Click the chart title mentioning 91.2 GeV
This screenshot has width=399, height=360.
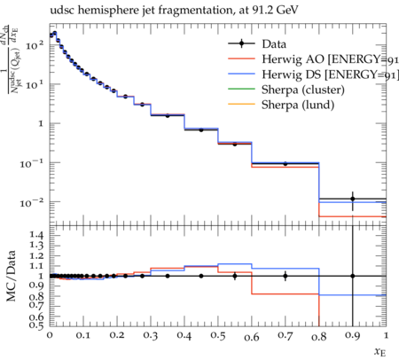(174, 11)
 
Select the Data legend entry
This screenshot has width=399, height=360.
(257, 44)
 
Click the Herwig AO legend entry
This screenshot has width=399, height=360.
(313, 59)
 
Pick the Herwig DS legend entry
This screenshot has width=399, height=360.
(313, 74)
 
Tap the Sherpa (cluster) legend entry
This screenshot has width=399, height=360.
(286, 90)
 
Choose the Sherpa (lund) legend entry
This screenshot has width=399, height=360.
(281, 105)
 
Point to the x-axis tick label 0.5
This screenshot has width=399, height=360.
(218, 335)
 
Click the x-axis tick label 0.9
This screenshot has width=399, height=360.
(352, 336)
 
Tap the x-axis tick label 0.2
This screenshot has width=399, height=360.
(117, 335)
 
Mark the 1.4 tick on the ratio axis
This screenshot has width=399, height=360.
(37, 236)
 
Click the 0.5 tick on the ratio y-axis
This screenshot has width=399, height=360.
(37, 325)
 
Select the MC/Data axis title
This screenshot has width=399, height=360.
(11, 276)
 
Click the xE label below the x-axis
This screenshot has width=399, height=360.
(380, 352)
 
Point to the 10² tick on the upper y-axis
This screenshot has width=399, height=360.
(35, 45)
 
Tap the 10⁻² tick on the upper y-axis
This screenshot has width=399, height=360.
(32, 202)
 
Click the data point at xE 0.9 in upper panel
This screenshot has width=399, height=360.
(353, 199)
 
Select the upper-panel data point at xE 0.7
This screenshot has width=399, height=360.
(286, 163)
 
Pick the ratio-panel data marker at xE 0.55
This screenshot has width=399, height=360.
(235, 276)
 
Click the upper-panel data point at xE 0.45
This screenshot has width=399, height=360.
(201, 129)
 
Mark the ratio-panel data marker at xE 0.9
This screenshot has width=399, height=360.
(353, 276)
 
